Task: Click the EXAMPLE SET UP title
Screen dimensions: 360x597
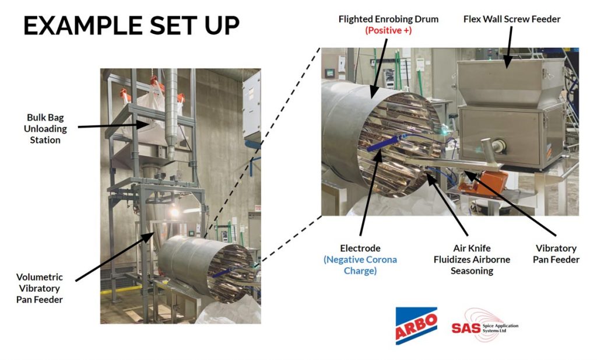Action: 131,26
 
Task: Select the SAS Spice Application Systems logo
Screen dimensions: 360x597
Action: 484,326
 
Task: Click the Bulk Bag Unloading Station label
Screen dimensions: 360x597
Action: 46,127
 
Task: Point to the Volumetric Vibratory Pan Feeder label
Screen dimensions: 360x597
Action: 40,288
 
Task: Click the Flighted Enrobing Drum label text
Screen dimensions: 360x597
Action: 388,19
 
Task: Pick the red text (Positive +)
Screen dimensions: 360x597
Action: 388,30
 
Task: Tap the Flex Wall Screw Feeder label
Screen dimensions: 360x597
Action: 512,19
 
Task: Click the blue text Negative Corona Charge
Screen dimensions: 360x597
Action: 360,265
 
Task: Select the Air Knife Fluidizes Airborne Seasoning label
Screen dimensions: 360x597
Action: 472,260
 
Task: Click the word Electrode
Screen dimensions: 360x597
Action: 360,249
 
